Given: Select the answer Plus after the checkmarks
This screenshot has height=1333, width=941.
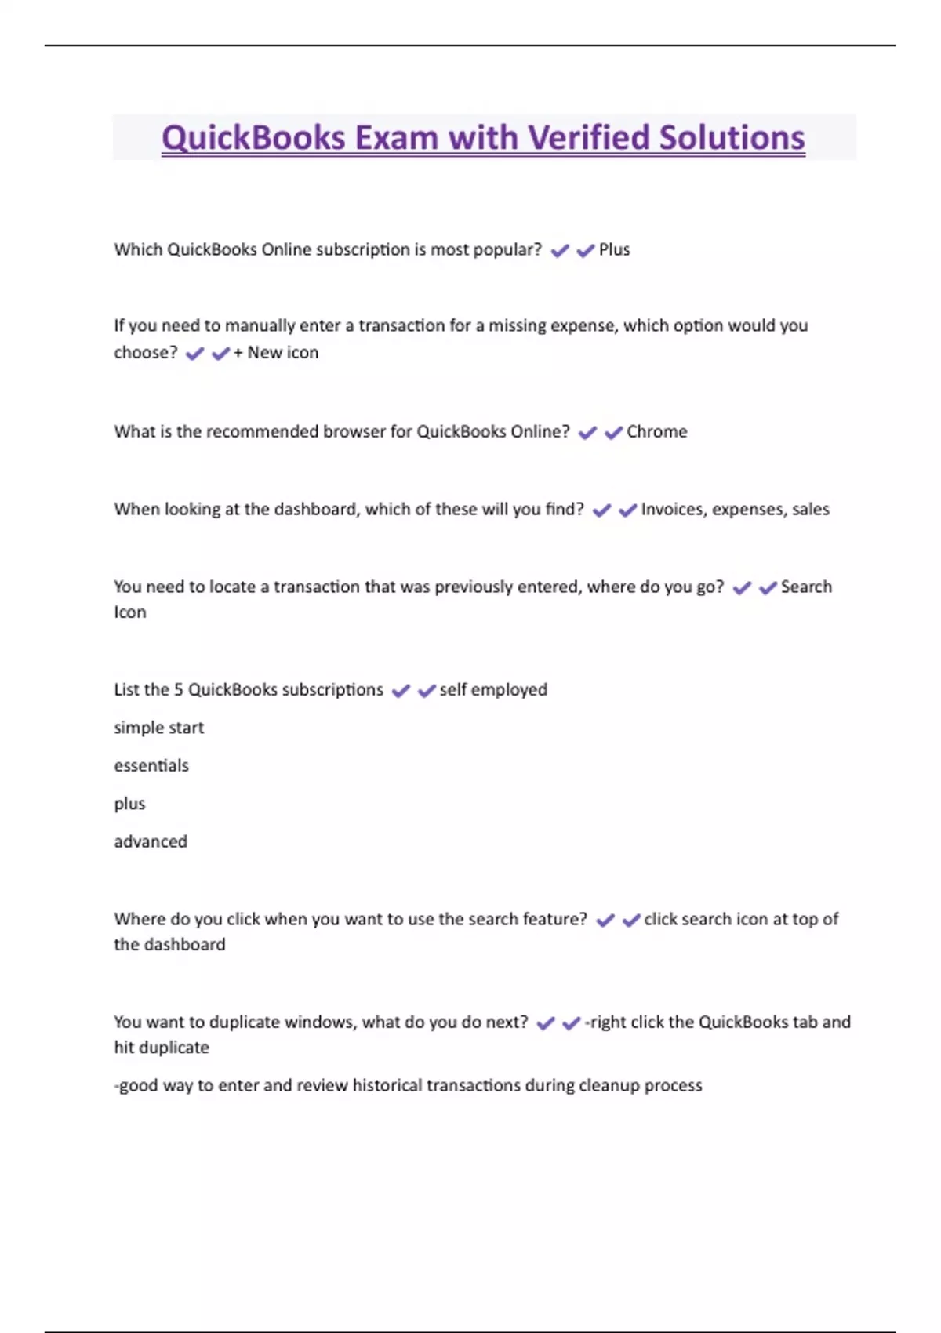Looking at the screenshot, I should coord(614,250).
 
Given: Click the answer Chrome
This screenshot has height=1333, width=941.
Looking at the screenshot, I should coord(656,432).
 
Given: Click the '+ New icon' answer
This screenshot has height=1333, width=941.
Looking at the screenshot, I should coord(276,353).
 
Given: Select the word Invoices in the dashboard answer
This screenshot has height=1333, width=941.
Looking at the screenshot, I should coord(672,510).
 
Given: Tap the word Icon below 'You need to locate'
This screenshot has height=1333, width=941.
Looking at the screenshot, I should coord(130,612).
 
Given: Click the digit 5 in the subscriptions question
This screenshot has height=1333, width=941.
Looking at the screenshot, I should coord(178,690).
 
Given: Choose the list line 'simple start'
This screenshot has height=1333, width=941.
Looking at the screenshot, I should coord(159,728).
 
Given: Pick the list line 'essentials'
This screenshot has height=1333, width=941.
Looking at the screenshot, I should coord(151,766).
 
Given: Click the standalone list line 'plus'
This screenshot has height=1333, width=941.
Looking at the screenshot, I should coord(129,805).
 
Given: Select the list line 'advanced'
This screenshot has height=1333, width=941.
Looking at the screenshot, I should coord(151,842).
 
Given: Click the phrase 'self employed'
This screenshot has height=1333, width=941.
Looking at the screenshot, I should coord(493,690).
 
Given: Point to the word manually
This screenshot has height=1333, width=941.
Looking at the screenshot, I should coord(258,326).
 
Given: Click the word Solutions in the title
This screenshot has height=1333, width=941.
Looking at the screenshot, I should coord(732,138).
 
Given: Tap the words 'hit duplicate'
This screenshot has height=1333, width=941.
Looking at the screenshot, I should coord(162,1048).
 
